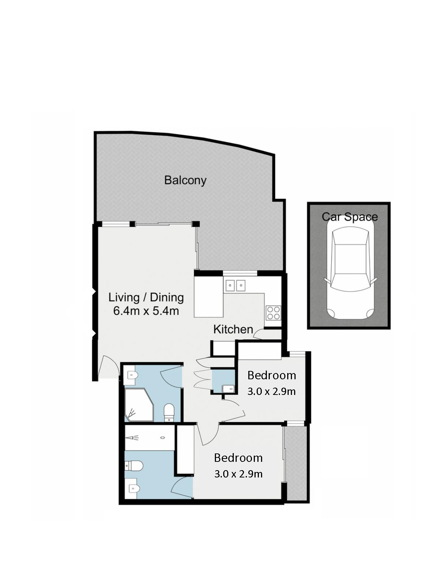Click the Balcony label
pyautogui.click(x=185, y=180)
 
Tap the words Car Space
pyautogui.click(x=350, y=217)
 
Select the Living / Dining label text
pyautogui.click(x=146, y=297)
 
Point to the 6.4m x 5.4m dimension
pyautogui.click(x=146, y=311)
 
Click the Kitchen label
pyautogui.click(x=233, y=329)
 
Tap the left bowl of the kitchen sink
pyautogui.click(x=230, y=285)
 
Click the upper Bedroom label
pyautogui.click(x=272, y=375)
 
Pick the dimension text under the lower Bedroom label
pyautogui.click(x=238, y=474)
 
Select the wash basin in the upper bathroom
pyautogui.click(x=132, y=375)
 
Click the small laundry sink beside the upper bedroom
pyautogui.click(x=228, y=389)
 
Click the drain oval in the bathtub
pyautogui.click(x=163, y=438)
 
